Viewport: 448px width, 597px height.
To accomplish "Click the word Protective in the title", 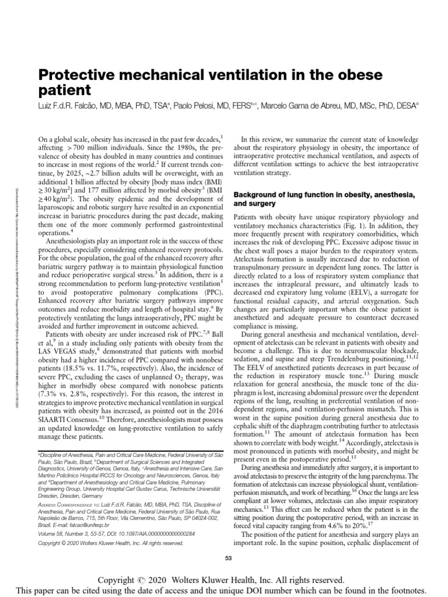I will tap(75, 75).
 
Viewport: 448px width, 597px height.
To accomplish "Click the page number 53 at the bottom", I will tap(229, 558).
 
